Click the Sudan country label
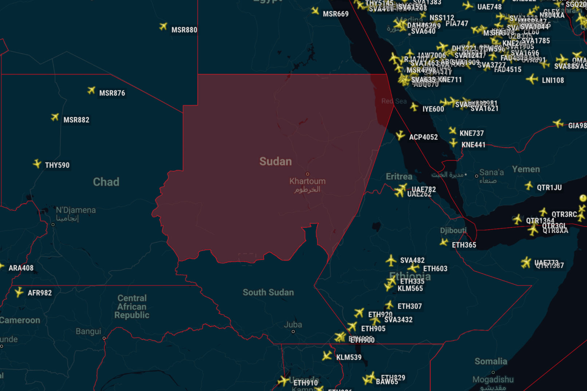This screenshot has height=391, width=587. [275, 161]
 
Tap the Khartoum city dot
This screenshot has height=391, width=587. [307, 174]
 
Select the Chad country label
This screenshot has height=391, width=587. [106, 182]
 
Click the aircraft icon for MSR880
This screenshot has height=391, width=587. [164, 27]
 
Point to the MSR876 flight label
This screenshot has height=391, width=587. [112, 93]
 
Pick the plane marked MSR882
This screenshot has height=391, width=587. [55, 117]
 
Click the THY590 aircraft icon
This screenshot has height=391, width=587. [37, 164]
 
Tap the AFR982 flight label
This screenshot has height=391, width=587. [40, 293]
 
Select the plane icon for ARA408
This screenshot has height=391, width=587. [1, 267]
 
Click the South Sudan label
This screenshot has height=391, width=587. [268, 292]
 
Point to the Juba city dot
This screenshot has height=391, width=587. [293, 332]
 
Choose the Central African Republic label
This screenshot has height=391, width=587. [132, 307]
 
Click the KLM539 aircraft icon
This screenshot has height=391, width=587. [327, 356]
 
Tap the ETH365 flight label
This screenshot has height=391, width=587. [464, 245]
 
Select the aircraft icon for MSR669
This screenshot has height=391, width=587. [315, 11]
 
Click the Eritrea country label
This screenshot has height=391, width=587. [399, 177]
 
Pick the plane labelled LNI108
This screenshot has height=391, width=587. [532, 79]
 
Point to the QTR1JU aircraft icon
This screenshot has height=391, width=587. [529, 186]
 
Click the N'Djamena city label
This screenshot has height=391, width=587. [76, 210]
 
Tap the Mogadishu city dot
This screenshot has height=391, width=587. [493, 372]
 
